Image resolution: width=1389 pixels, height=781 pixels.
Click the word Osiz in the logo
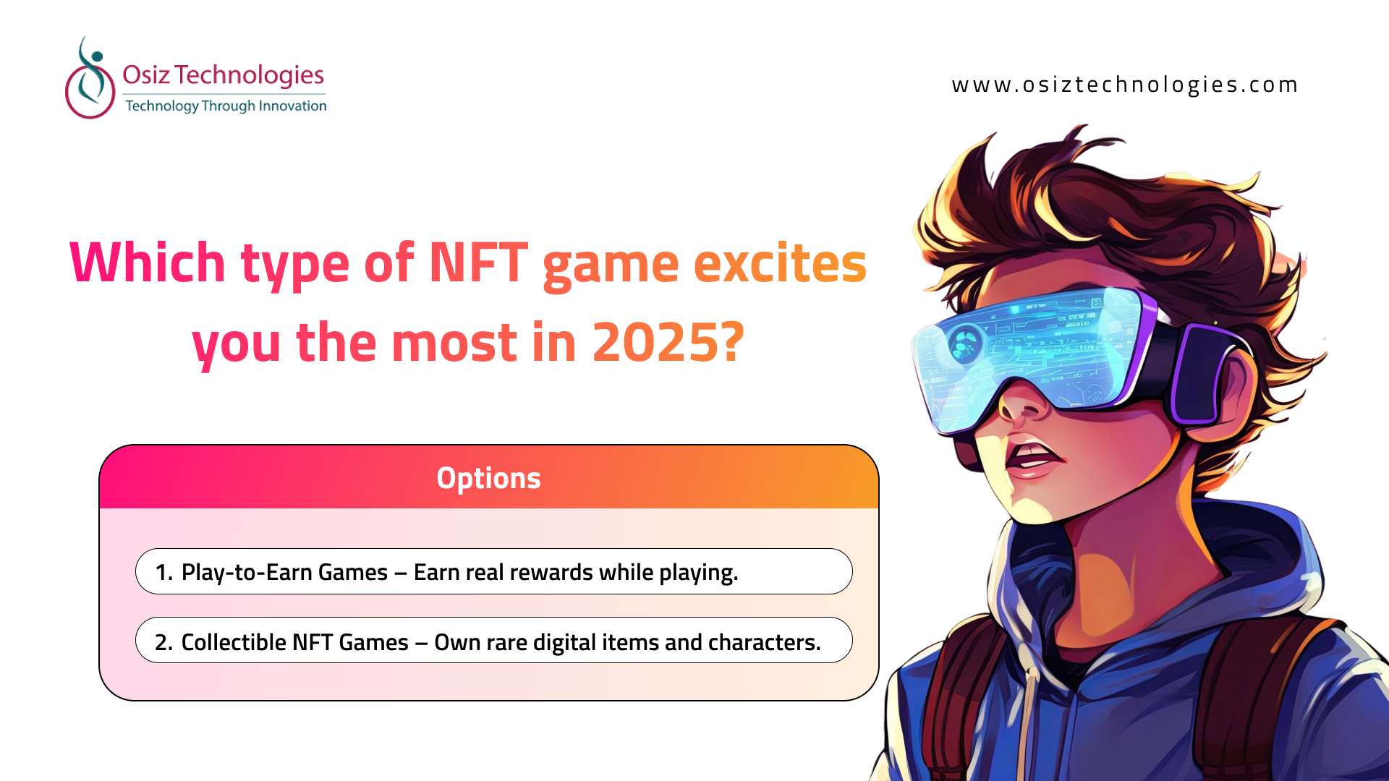146,74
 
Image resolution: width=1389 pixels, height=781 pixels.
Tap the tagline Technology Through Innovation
226,106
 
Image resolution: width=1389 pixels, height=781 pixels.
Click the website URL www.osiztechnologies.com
1124,85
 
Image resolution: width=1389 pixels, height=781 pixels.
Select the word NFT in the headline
478,262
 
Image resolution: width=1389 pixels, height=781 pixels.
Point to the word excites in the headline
780,263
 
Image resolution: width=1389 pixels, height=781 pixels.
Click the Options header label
488,478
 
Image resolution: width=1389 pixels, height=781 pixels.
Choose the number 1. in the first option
163,572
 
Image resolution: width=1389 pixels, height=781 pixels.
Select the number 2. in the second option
163,642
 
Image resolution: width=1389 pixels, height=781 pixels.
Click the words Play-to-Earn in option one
247,573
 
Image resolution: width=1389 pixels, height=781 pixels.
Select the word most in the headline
454,343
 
